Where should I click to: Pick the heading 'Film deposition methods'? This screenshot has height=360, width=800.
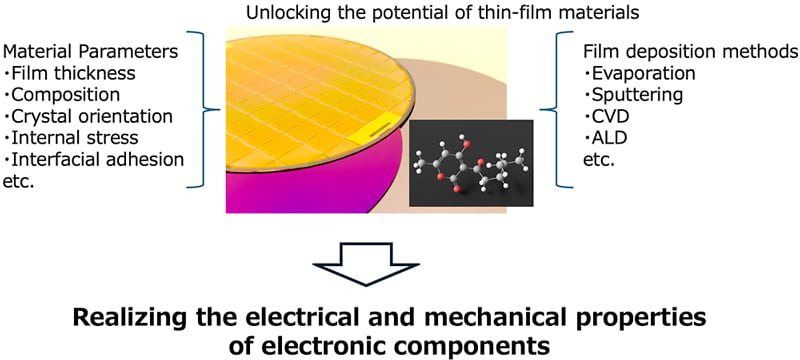point(689,49)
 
